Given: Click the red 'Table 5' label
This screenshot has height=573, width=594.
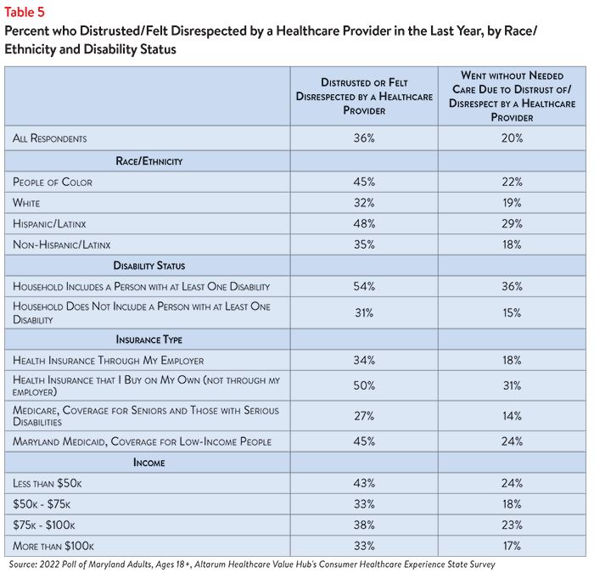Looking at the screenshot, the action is click(x=25, y=13).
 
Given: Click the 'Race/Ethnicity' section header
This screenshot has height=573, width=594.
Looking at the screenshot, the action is click(x=148, y=161).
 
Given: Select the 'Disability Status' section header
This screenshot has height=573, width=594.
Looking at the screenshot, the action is click(x=148, y=266).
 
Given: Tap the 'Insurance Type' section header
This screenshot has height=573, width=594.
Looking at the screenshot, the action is click(x=148, y=340).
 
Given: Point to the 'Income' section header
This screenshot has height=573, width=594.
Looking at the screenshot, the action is click(x=148, y=463).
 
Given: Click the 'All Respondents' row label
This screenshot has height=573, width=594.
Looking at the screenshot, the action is click(x=49, y=138).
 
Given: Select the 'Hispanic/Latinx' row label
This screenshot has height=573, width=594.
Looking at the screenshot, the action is click(x=49, y=224).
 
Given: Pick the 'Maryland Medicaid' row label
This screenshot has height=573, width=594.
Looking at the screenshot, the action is click(x=142, y=442).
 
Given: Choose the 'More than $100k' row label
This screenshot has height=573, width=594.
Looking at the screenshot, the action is click(x=53, y=546).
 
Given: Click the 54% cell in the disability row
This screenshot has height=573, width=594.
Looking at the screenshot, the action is click(x=364, y=287).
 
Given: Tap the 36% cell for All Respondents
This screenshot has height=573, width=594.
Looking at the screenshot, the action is click(x=364, y=138).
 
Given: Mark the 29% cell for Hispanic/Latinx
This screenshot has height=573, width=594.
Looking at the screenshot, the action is click(x=512, y=224).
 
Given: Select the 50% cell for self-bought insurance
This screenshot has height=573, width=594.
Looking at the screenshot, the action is click(x=364, y=385).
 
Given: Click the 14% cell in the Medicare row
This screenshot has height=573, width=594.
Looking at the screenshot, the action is click(x=512, y=416).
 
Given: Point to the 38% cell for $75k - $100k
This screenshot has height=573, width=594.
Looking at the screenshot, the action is click(x=364, y=525).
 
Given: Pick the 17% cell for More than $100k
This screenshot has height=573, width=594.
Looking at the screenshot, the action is click(x=512, y=546).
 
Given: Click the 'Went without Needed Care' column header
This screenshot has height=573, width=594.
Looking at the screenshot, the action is click(x=512, y=96).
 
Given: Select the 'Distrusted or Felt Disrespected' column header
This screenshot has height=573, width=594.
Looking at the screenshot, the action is click(x=364, y=96).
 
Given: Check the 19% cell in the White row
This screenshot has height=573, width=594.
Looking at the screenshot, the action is click(x=512, y=203).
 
